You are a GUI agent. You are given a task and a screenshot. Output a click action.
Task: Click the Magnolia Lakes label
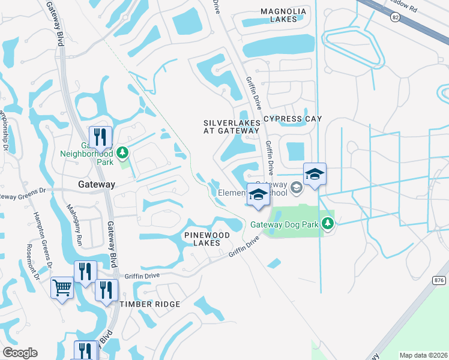click(283, 15)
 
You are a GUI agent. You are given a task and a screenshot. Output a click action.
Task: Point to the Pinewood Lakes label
click(206, 238)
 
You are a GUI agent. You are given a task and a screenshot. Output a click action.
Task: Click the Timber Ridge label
click(149, 304)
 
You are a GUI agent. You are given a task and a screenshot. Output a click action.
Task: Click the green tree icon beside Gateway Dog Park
click(327, 224)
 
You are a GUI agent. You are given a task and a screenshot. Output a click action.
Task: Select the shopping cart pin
click(62, 289)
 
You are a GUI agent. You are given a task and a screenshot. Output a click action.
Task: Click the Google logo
click(20, 353)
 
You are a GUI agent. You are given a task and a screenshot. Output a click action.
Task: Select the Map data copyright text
click(423, 355)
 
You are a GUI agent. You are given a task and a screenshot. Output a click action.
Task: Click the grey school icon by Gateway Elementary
click(295, 188)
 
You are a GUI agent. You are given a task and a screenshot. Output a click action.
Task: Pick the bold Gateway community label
click(95, 185)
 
